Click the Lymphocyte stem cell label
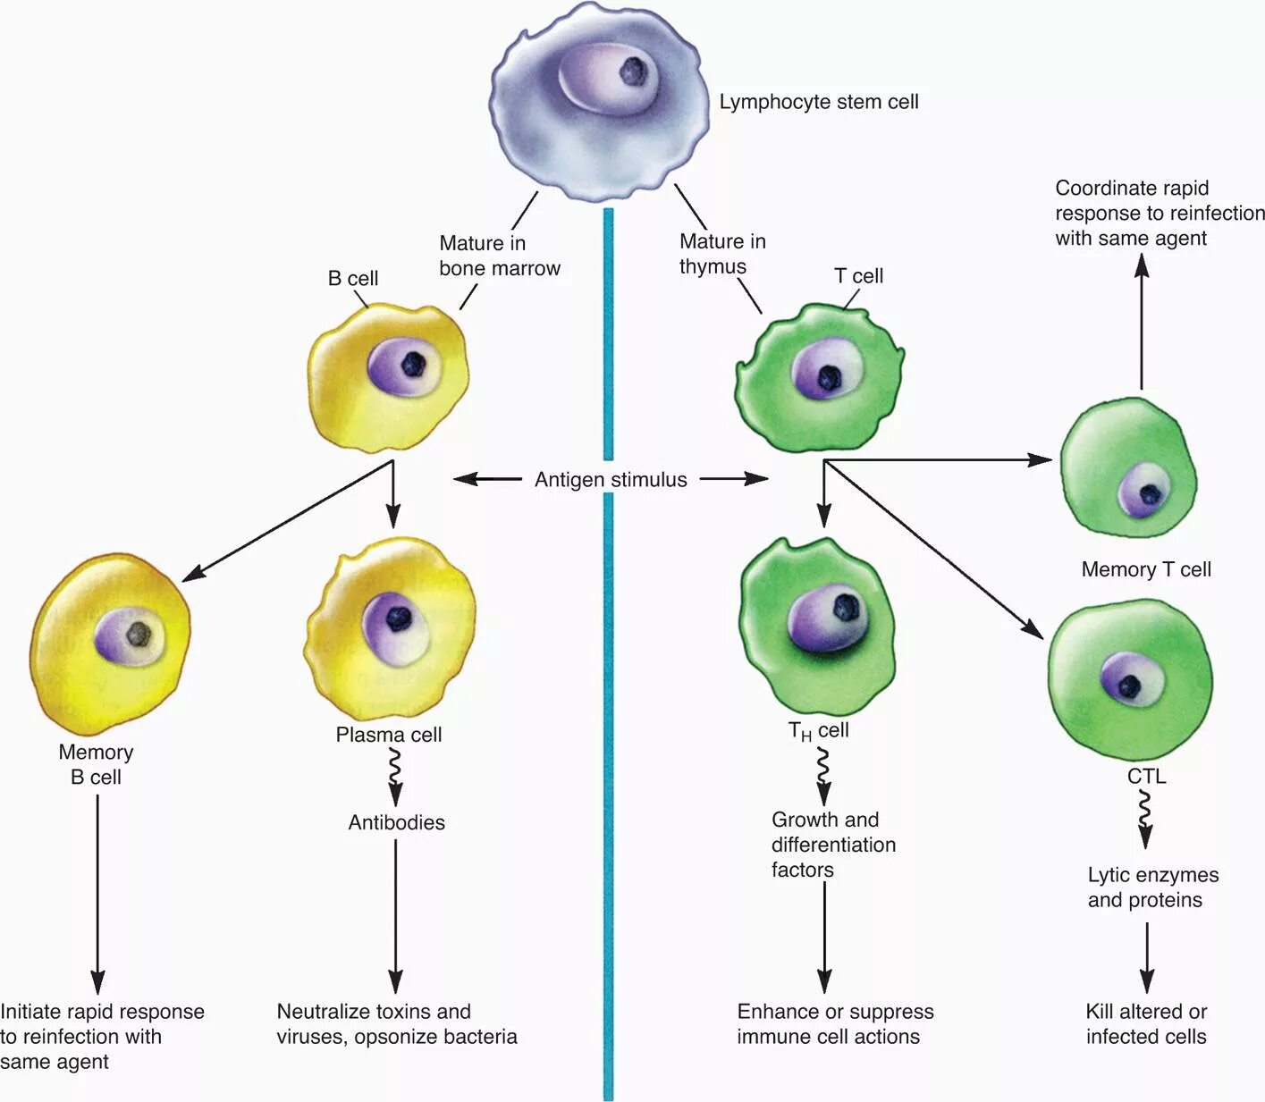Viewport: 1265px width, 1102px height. (x=819, y=102)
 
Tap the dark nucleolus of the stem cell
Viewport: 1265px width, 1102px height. (x=633, y=72)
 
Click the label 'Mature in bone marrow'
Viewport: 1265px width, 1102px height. (x=500, y=256)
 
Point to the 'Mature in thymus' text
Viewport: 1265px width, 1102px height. (x=722, y=254)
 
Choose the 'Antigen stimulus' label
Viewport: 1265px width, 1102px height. (x=611, y=480)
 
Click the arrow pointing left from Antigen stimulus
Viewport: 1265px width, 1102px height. (x=488, y=479)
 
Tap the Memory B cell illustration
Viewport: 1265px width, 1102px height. (x=110, y=644)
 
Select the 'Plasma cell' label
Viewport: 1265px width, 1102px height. (x=388, y=735)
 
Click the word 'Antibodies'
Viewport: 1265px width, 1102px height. (x=396, y=822)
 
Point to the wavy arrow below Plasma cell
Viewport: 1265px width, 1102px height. (x=394, y=777)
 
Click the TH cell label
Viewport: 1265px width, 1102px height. (x=818, y=731)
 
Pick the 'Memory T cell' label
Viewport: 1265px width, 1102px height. (x=1146, y=569)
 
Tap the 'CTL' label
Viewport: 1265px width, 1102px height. (x=1146, y=776)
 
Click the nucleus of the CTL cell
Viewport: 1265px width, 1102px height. (x=1132, y=679)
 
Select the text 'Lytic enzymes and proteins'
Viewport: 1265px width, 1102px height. (x=1153, y=887)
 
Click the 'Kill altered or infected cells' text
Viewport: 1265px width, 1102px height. (x=1146, y=1023)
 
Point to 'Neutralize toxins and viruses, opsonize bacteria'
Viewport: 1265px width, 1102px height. (x=396, y=1023)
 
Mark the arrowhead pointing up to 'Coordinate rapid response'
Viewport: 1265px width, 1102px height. (x=1142, y=265)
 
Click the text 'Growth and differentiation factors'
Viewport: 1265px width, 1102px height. (x=833, y=845)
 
